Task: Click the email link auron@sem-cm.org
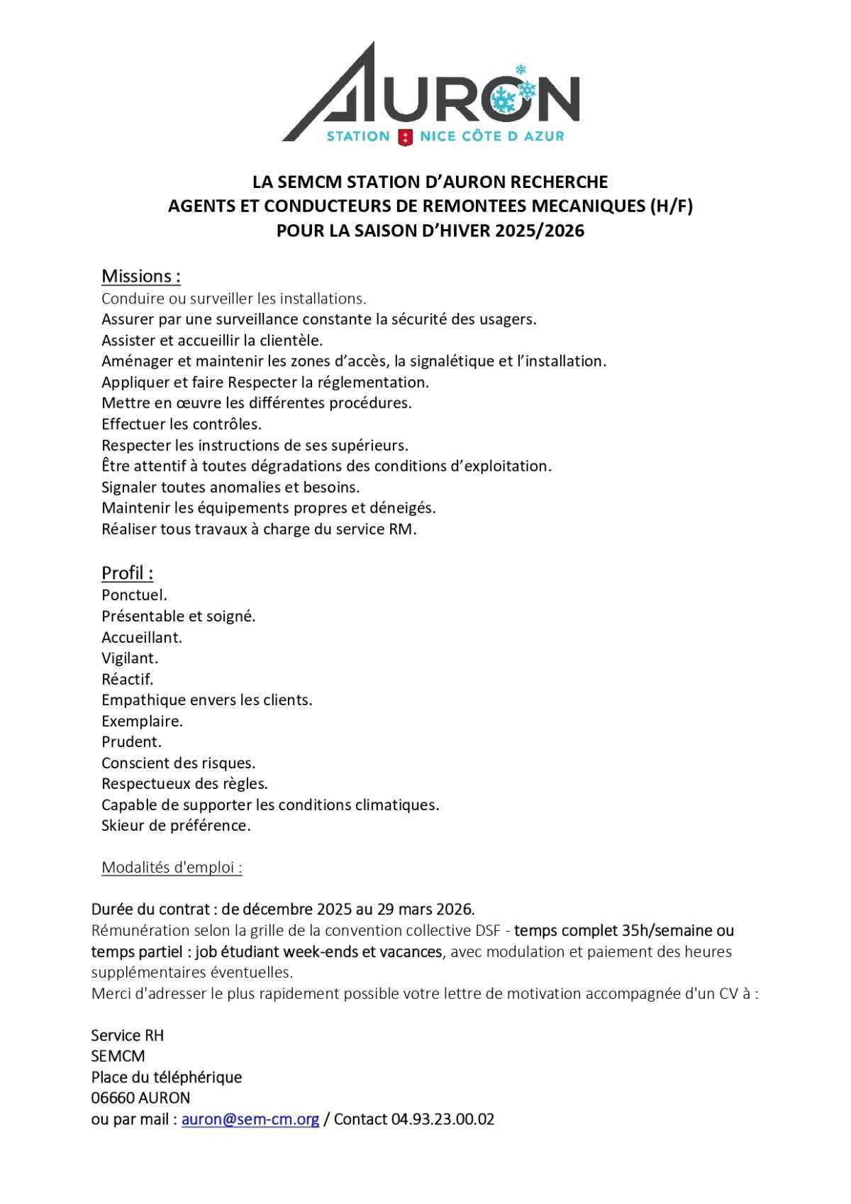tap(250, 1119)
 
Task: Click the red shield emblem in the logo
tap(405, 136)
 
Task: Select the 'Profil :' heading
tap(127, 573)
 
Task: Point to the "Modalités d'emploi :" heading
tap(172, 867)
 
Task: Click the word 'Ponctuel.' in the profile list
tap(134, 595)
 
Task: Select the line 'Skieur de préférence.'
tap(176, 825)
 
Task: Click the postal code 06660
tap(112, 1098)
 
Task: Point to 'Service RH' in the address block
tap(127, 1035)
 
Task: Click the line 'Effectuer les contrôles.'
tap(182, 424)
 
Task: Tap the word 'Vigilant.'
tap(130, 658)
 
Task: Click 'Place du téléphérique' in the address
tap(166, 1077)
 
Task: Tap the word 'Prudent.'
tap(131, 741)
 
